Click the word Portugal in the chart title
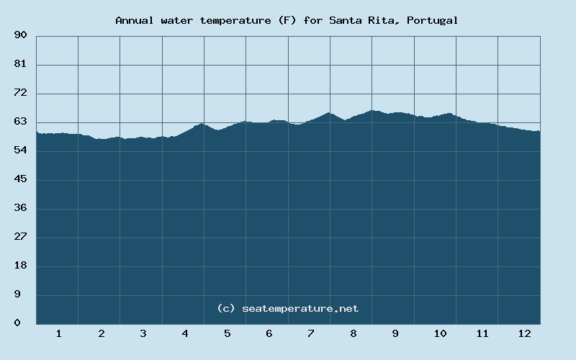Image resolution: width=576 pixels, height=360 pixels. pyautogui.click(x=433, y=20)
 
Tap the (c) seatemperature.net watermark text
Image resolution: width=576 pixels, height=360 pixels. pyautogui.click(x=287, y=308)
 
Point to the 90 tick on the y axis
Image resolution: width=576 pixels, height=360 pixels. pyautogui.click(x=20, y=35)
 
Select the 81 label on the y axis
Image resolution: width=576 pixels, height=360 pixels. pyautogui.click(x=20, y=64)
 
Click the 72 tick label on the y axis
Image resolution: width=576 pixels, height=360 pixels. pyautogui.click(x=20, y=93)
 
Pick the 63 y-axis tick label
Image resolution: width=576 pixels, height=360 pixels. pyautogui.click(x=20, y=122)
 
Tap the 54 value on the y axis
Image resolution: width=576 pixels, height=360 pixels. pyautogui.click(x=20, y=150)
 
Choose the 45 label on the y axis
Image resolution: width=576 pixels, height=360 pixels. pyautogui.click(x=20, y=179)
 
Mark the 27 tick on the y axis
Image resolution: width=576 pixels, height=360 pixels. pyautogui.click(x=20, y=237)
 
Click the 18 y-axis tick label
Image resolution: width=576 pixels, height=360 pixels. pyautogui.click(x=20, y=266)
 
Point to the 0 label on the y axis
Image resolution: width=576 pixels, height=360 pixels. pyautogui.click(x=17, y=323)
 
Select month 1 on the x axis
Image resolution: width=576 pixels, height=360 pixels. pyautogui.click(x=58, y=334)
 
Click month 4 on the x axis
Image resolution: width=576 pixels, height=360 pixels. pyautogui.click(x=185, y=334)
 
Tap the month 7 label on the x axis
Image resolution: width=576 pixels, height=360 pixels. pyautogui.click(x=311, y=334)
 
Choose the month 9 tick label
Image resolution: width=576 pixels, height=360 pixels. pyautogui.click(x=395, y=334)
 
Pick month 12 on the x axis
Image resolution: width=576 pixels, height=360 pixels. pyautogui.click(x=524, y=334)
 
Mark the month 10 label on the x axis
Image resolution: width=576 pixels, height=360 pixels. pyautogui.click(x=440, y=334)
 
